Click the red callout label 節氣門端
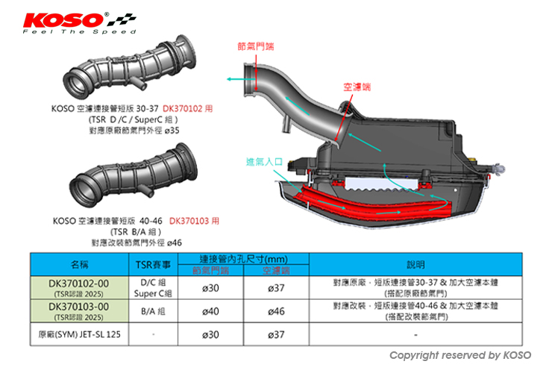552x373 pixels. tap(255, 46)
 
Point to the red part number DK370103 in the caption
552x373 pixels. tap(190, 221)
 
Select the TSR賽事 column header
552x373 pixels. tap(155, 264)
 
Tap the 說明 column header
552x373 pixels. tap(415, 264)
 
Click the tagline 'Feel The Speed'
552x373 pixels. tap(78, 32)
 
